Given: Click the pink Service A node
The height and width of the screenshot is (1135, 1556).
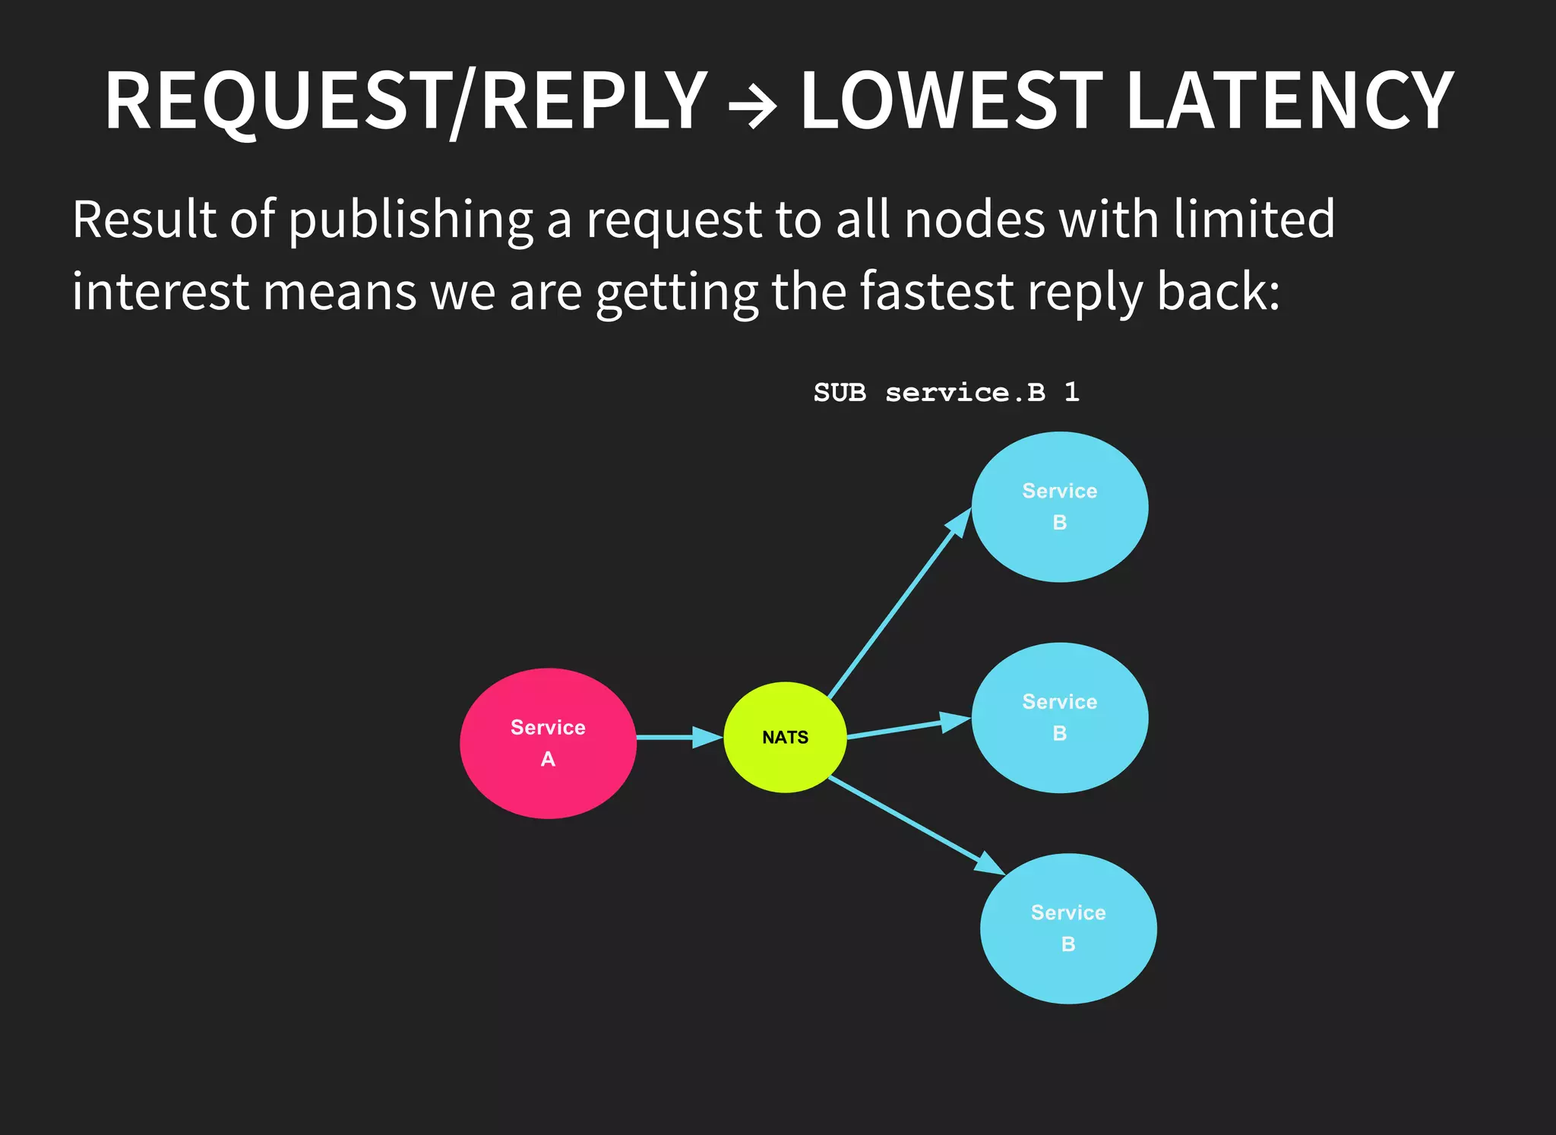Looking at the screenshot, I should pyautogui.click(x=548, y=743).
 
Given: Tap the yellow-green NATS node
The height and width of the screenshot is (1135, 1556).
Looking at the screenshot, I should pyautogui.click(x=785, y=737).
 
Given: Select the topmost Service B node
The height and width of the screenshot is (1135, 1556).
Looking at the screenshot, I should pyautogui.click(x=1060, y=507).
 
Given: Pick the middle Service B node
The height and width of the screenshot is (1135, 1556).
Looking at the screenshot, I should pyautogui.click(x=1060, y=717).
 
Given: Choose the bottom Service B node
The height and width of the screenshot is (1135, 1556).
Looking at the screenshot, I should pyautogui.click(x=1068, y=928).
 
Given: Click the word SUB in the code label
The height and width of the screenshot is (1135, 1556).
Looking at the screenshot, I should pyautogui.click(x=840, y=393).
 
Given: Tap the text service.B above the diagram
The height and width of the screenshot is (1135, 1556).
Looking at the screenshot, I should pyautogui.click(x=965, y=393).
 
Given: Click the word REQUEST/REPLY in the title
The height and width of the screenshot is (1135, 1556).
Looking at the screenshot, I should pyautogui.click(x=406, y=100).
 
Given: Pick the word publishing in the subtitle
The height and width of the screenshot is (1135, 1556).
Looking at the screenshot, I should pyautogui.click(x=410, y=220).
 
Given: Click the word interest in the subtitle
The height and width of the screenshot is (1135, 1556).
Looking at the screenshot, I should pyautogui.click(x=160, y=292).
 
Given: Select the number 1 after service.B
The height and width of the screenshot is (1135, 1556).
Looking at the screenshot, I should pyautogui.click(x=1071, y=392).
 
